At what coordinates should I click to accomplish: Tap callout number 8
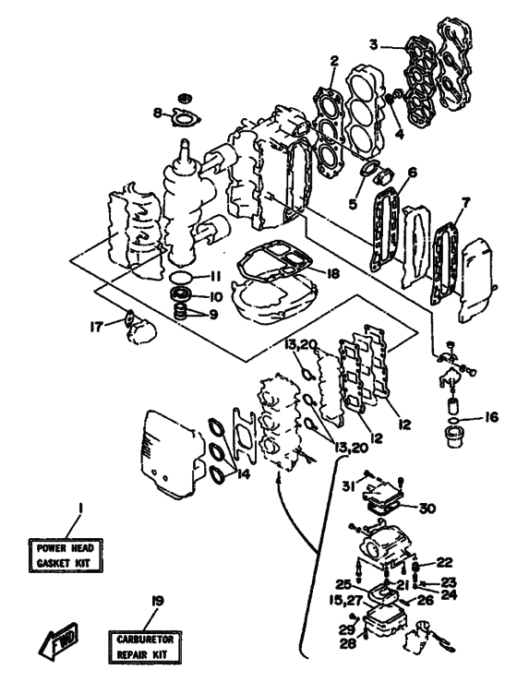coord(158,114)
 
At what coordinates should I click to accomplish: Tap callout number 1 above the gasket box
coord(81,508)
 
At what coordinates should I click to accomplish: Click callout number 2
coord(334,62)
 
